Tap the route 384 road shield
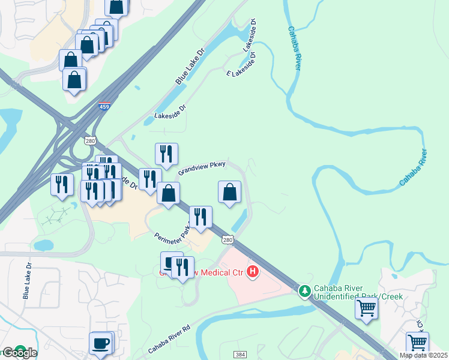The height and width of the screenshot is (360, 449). coord(240,355)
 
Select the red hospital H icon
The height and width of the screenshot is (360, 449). coord(253,272)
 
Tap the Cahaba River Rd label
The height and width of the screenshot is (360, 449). coord(169,341)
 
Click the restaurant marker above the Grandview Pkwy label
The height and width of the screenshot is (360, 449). coord(166,155)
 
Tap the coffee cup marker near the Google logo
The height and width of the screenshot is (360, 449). coord(101,344)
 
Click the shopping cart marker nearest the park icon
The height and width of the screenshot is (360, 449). coord(366,308)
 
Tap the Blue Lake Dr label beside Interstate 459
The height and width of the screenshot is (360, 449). coord(190,62)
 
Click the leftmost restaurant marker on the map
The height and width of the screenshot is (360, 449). coord(61,185)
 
